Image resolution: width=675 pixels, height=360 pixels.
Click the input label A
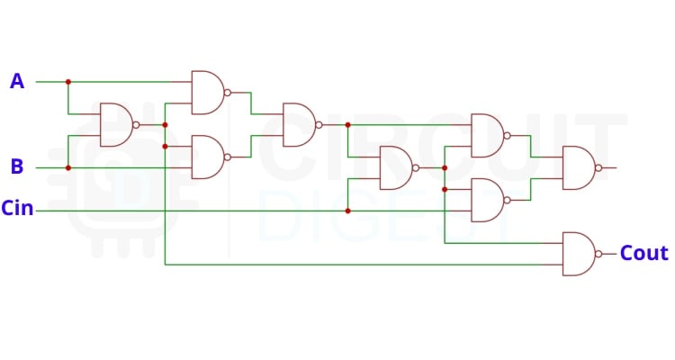pos(16,82)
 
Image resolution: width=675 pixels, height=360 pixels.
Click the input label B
pos(16,166)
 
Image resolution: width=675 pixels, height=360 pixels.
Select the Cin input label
pos(17,210)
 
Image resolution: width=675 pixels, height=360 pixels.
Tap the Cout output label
pos(643,254)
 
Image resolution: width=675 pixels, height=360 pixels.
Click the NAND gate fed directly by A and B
pos(115,124)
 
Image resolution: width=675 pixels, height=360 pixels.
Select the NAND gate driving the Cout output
pos(578,254)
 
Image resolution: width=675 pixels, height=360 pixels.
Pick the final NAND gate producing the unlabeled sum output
pos(578,167)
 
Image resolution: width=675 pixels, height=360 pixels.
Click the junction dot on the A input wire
pos(68,82)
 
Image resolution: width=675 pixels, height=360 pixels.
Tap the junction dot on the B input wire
pos(68,167)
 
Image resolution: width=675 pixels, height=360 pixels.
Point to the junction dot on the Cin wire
pos(347,211)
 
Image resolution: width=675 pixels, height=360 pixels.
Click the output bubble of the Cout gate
pos(598,254)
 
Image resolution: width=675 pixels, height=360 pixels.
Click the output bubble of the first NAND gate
pos(136,124)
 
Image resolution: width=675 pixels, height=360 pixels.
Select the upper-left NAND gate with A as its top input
pos(207,92)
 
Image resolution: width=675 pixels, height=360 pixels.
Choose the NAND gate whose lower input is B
pos(207,157)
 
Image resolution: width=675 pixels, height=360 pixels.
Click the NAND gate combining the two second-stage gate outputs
pos(298,124)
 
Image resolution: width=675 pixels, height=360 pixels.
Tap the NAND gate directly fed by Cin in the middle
pos(395,167)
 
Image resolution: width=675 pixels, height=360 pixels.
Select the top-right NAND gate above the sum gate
pos(487,135)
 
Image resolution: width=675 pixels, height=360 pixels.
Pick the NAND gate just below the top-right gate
pos(487,200)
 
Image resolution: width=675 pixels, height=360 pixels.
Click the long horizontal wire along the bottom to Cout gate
pos(360,265)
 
